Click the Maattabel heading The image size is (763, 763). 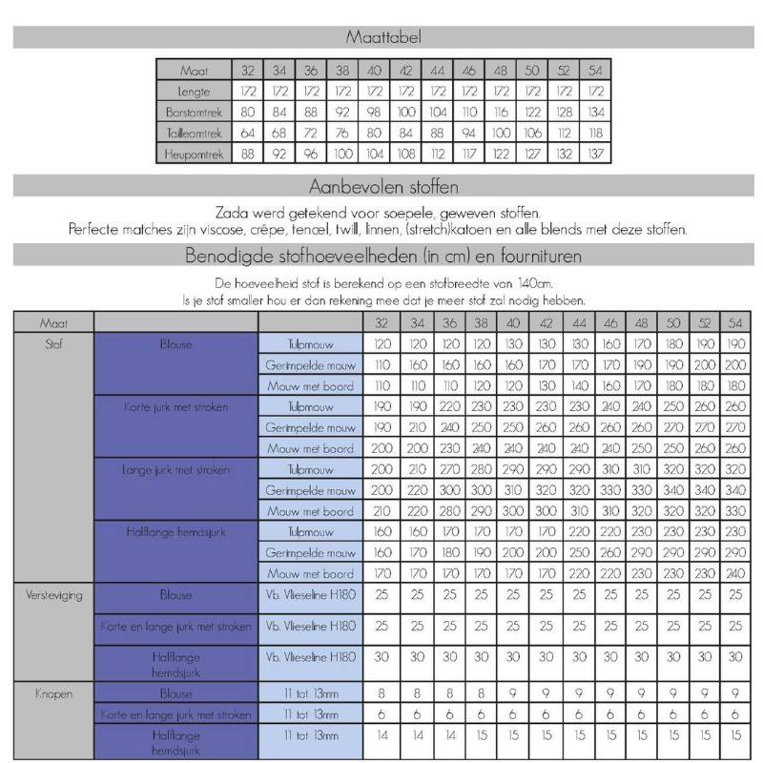pyautogui.click(x=381, y=37)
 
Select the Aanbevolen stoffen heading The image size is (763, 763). pyautogui.click(x=381, y=185)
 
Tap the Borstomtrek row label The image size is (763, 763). pyautogui.click(x=194, y=113)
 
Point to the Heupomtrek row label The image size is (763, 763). pyautogui.click(x=194, y=154)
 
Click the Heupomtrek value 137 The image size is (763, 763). pyautogui.click(x=596, y=154)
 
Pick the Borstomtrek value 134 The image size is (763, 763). pyautogui.click(x=596, y=113)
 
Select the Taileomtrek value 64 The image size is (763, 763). pyautogui.click(x=247, y=133)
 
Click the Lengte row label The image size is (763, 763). pyautogui.click(x=194, y=92)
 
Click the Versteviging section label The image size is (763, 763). pyautogui.click(x=52, y=594)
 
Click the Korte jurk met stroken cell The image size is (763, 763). pyautogui.click(x=176, y=406)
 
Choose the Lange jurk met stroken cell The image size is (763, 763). pyautogui.click(x=176, y=468)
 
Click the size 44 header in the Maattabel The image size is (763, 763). pyautogui.click(x=438, y=71)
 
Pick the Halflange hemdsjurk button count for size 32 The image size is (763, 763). pyautogui.click(x=381, y=736)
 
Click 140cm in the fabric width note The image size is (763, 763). pyautogui.click(x=533, y=283)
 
